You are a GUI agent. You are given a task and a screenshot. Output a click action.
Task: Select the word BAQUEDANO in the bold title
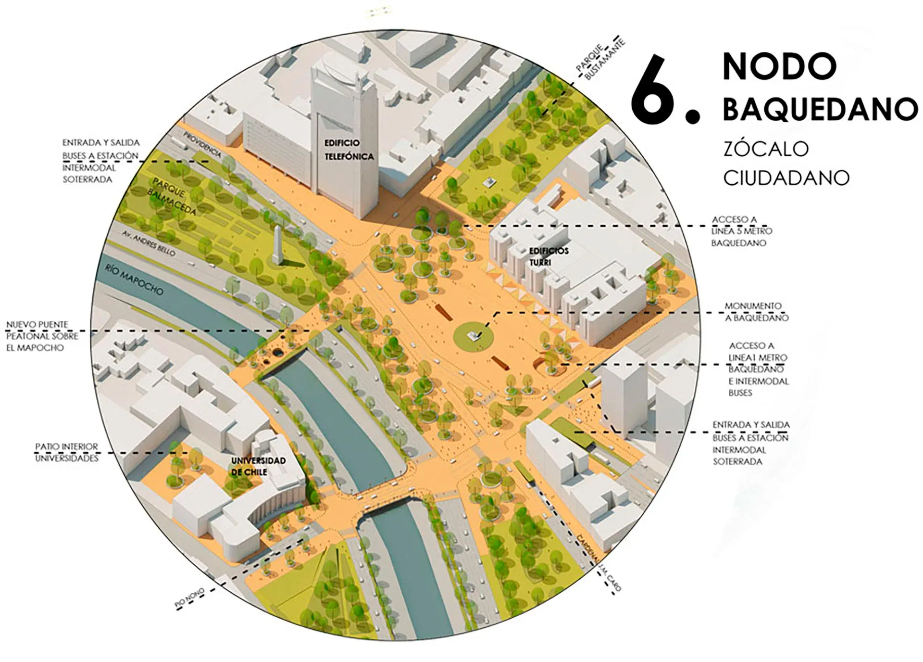click(819, 109)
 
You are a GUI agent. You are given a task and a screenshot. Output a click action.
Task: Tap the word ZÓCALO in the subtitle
click(766, 149)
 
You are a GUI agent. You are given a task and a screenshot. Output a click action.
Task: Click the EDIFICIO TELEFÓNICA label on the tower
click(348, 150)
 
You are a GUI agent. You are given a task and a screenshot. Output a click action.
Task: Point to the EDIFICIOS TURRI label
click(548, 256)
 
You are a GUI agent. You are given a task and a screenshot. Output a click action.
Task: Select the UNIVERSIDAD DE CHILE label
click(258, 466)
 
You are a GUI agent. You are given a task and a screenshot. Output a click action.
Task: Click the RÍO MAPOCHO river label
click(134, 280)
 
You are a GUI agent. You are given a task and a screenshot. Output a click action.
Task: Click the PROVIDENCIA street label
click(201, 144)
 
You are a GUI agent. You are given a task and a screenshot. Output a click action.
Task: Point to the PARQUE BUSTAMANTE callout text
click(600, 60)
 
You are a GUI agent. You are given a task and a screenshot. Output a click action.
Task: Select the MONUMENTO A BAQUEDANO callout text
click(756, 312)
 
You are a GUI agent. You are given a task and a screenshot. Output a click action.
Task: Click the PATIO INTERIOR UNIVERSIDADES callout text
click(66, 452)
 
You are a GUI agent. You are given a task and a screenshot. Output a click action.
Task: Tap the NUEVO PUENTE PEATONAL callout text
click(41, 336)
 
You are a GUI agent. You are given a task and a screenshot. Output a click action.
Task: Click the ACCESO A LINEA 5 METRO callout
click(742, 231)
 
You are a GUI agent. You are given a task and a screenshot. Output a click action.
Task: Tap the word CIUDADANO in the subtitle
click(786, 178)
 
